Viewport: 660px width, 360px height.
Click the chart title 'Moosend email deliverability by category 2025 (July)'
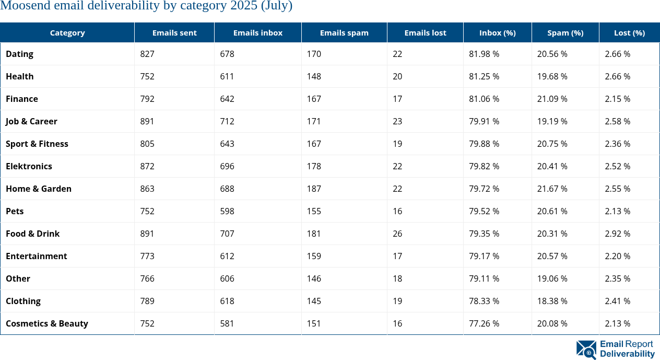pos(146,6)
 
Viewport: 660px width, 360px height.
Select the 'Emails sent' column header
pos(174,32)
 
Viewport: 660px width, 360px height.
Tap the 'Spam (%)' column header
pos(565,32)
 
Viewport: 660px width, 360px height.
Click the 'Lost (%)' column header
pos(629,32)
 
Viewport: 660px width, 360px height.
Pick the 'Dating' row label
pos(20,54)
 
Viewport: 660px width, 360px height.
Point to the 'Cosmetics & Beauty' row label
pos(47,323)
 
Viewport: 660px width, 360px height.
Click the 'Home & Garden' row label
pos(39,189)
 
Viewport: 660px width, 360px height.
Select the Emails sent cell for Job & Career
pos(147,121)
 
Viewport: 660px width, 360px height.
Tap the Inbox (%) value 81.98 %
pos(484,54)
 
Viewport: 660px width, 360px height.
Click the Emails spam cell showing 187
pos(314,189)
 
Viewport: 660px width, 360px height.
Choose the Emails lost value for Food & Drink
pos(397,234)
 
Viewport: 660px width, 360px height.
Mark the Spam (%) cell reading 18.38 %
pos(552,301)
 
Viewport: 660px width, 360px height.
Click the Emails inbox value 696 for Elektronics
pos(227,166)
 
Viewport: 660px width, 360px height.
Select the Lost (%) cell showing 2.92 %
pos(617,234)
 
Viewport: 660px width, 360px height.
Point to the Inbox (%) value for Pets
pos(484,211)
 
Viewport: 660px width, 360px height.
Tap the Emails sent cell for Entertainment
pos(147,256)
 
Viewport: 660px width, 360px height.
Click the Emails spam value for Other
pos(314,278)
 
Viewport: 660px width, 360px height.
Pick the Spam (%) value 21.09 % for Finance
pos(552,99)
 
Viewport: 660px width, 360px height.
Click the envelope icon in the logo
pos(586,350)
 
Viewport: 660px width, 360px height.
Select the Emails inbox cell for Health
pos(227,76)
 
